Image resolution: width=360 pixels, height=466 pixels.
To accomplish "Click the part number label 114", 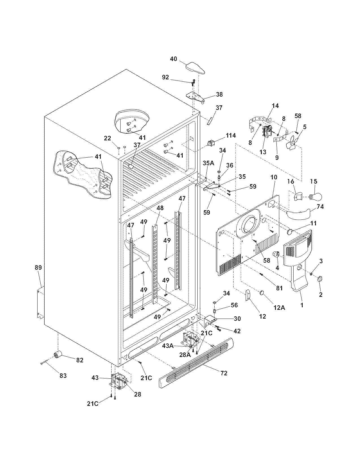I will (x=230, y=136).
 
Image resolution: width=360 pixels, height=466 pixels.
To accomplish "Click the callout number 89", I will (x=38, y=267).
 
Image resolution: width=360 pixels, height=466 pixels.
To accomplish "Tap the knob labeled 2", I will (x=320, y=279).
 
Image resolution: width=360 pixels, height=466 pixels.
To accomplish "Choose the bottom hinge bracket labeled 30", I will (x=209, y=321).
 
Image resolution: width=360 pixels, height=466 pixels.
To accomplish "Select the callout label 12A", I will (x=279, y=308).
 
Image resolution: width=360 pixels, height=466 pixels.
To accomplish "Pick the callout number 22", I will (x=107, y=138).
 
